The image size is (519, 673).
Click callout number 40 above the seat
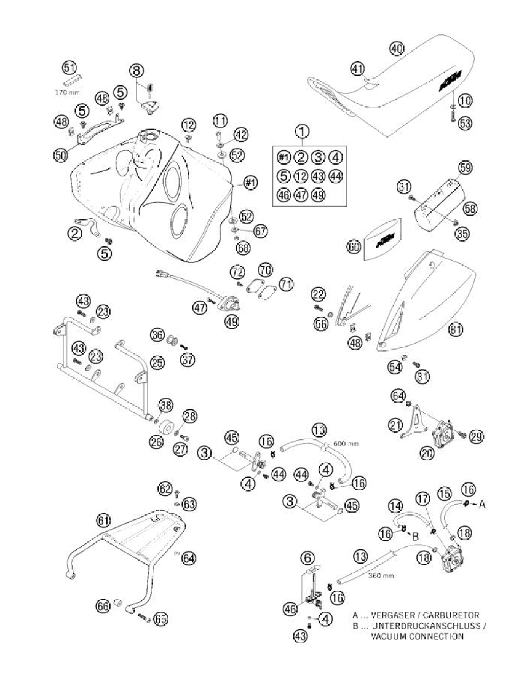[x=397, y=49]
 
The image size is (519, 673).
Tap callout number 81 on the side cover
[x=454, y=330]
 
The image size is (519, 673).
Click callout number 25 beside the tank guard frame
[x=157, y=363]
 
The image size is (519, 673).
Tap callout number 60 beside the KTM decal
[x=352, y=246]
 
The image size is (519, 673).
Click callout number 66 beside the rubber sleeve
[x=103, y=607]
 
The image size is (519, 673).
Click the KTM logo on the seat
[x=450, y=81]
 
